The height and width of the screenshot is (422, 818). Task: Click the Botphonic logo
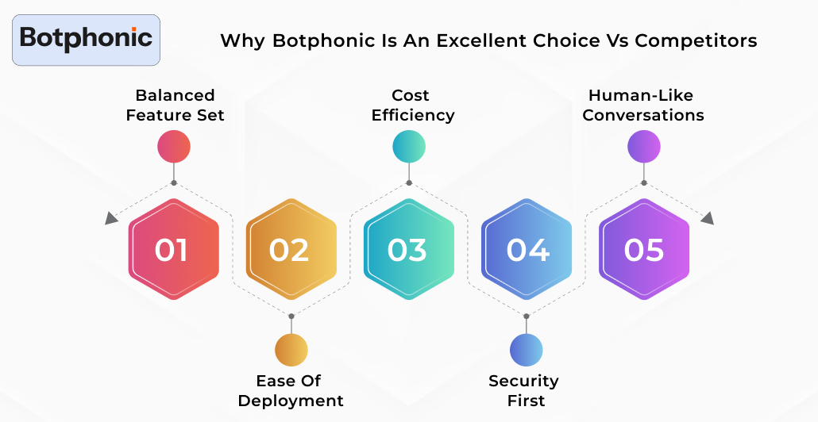pyautogui.click(x=86, y=38)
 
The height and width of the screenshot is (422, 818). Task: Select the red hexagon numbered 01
pyautogui.click(x=173, y=250)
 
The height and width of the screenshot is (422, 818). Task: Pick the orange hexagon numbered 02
pyautogui.click(x=291, y=250)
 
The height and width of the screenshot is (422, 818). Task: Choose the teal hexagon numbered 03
pyautogui.click(x=408, y=250)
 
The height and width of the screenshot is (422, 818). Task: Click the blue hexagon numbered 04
pyautogui.click(x=527, y=250)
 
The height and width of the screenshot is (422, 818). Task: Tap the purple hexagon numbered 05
pyautogui.click(x=644, y=250)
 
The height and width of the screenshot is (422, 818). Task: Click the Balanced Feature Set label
pyautogui.click(x=175, y=105)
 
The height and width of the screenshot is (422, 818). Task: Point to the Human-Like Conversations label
pyautogui.click(x=643, y=105)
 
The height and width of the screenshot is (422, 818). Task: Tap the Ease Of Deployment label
pyautogui.click(x=291, y=390)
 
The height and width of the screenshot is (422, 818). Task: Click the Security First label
pyautogui.click(x=524, y=390)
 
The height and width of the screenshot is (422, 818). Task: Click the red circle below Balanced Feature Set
pyautogui.click(x=174, y=147)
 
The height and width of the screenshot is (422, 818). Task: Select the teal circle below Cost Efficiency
pyautogui.click(x=409, y=147)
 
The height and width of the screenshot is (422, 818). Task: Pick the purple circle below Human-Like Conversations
pyautogui.click(x=644, y=147)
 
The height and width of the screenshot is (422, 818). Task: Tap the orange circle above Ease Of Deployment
pyautogui.click(x=291, y=350)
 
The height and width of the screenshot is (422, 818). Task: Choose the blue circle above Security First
pyautogui.click(x=527, y=350)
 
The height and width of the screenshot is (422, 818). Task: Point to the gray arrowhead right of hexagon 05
pyautogui.click(x=707, y=218)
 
